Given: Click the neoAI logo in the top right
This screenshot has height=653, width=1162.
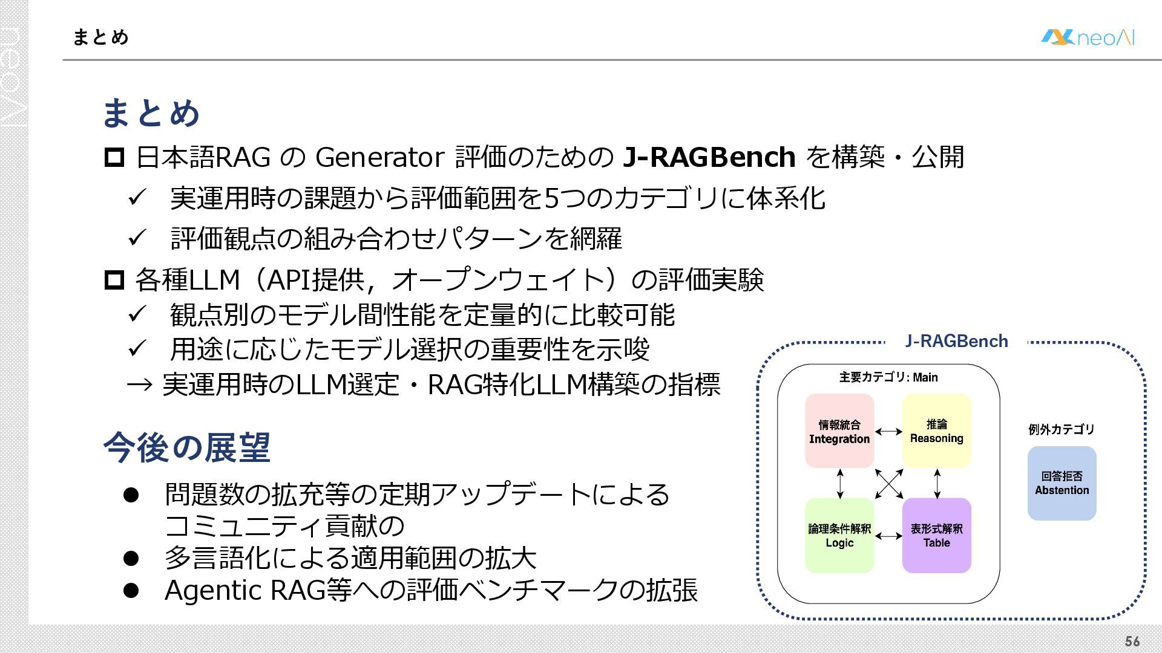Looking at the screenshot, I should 1088,37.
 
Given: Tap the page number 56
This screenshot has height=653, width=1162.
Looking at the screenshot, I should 1132,642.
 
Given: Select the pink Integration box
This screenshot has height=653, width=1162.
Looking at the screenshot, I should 839,431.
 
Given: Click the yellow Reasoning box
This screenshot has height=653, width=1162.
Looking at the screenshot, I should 936,431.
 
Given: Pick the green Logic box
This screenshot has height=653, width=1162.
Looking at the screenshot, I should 839,536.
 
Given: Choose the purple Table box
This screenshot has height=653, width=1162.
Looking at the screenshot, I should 936,536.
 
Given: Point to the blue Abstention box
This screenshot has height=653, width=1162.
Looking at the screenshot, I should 1062,483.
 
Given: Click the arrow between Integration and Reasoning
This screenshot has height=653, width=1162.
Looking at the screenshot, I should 888,431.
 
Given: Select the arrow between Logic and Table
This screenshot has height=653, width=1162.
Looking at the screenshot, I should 888,536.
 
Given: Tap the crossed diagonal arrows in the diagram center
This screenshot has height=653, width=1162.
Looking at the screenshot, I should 888,483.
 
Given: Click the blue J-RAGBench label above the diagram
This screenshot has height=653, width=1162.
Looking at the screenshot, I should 956,342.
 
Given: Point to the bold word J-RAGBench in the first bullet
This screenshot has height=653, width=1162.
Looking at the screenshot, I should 709,157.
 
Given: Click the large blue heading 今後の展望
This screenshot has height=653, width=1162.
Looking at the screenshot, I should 186,447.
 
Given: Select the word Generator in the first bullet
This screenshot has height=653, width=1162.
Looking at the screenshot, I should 380,157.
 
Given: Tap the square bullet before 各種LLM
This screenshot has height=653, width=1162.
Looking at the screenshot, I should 114,280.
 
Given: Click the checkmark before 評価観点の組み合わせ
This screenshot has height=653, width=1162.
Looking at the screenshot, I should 137,238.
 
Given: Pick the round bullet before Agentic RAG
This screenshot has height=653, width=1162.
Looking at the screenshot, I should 131,590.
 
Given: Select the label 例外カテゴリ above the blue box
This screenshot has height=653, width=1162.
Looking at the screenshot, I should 1061,429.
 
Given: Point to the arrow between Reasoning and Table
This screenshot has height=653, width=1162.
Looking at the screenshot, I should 937,483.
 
